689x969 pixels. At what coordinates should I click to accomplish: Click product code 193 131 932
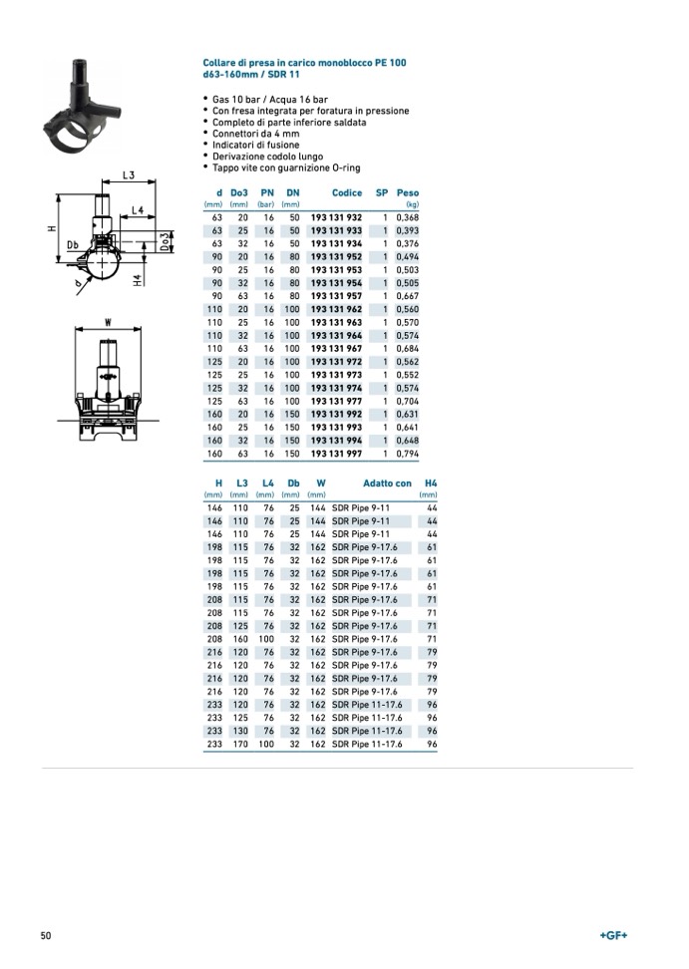pos(336,216)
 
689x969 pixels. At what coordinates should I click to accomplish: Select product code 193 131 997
pos(336,455)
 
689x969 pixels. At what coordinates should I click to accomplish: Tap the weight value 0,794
pos(408,455)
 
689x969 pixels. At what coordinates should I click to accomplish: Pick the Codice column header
pos(347,192)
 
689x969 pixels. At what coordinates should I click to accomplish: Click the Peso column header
pos(408,192)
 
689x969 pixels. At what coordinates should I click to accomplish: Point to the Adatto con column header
pos(387,484)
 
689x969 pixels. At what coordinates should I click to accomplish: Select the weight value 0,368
pos(408,216)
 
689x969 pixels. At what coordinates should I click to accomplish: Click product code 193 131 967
pos(336,348)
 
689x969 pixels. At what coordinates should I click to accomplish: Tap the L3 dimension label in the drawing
pos(129,175)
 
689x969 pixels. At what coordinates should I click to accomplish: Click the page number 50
pos(46,935)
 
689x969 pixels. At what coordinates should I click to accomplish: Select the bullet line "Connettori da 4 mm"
pos(255,134)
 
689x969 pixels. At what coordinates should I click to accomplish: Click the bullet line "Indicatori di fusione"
pos(255,146)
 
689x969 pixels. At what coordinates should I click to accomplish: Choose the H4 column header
pos(431,484)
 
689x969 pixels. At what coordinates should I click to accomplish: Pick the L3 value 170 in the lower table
pos(240,744)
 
